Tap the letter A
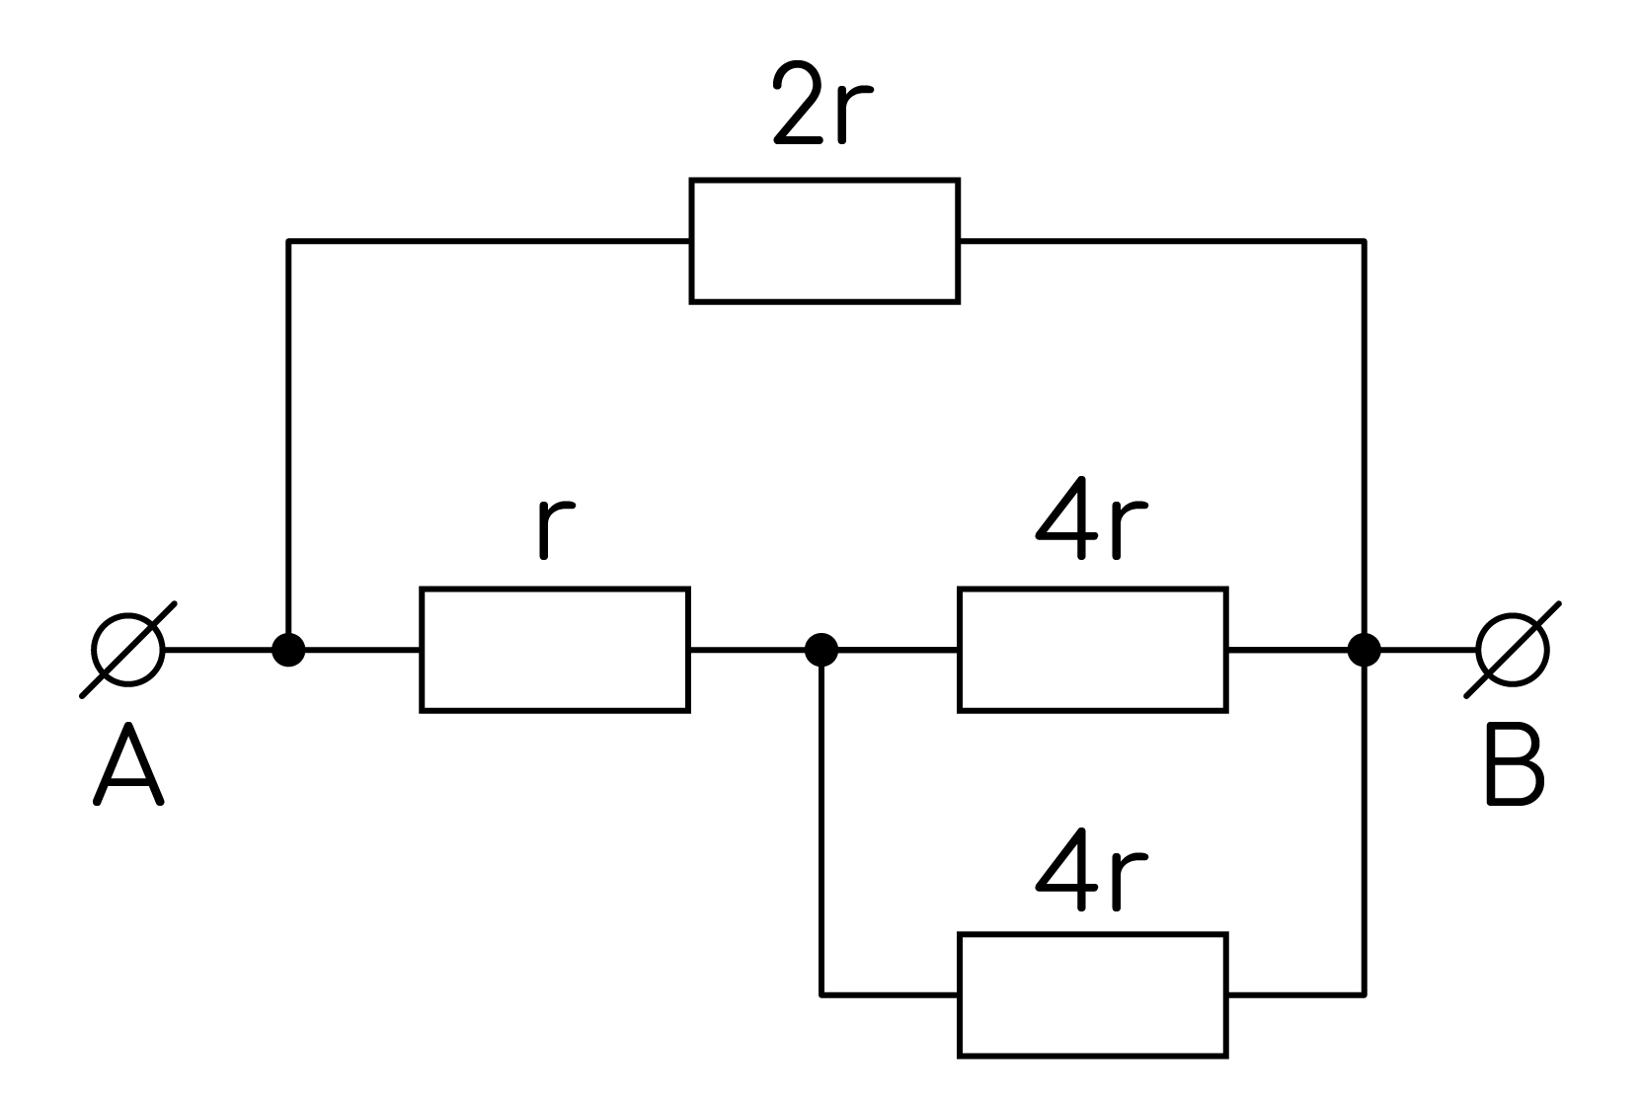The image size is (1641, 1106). [x=128, y=764]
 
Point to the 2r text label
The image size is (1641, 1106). [x=822, y=103]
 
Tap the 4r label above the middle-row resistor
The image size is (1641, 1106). [x=1092, y=518]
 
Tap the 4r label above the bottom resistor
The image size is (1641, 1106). [x=1092, y=870]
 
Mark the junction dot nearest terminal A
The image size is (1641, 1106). [x=288, y=650]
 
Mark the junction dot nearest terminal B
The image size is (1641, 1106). [x=1365, y=650]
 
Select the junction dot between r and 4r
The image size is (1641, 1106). [x=821, y=650]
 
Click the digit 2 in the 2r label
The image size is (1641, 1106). [x=799, y=103]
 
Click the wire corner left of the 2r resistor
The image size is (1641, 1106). [x=288, y=241]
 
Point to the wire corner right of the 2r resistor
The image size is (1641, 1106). [x=1365, y=241]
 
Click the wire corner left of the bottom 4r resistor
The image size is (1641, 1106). [x=821, y=995]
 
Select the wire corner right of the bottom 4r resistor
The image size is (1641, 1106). [x=1365, y=995]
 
